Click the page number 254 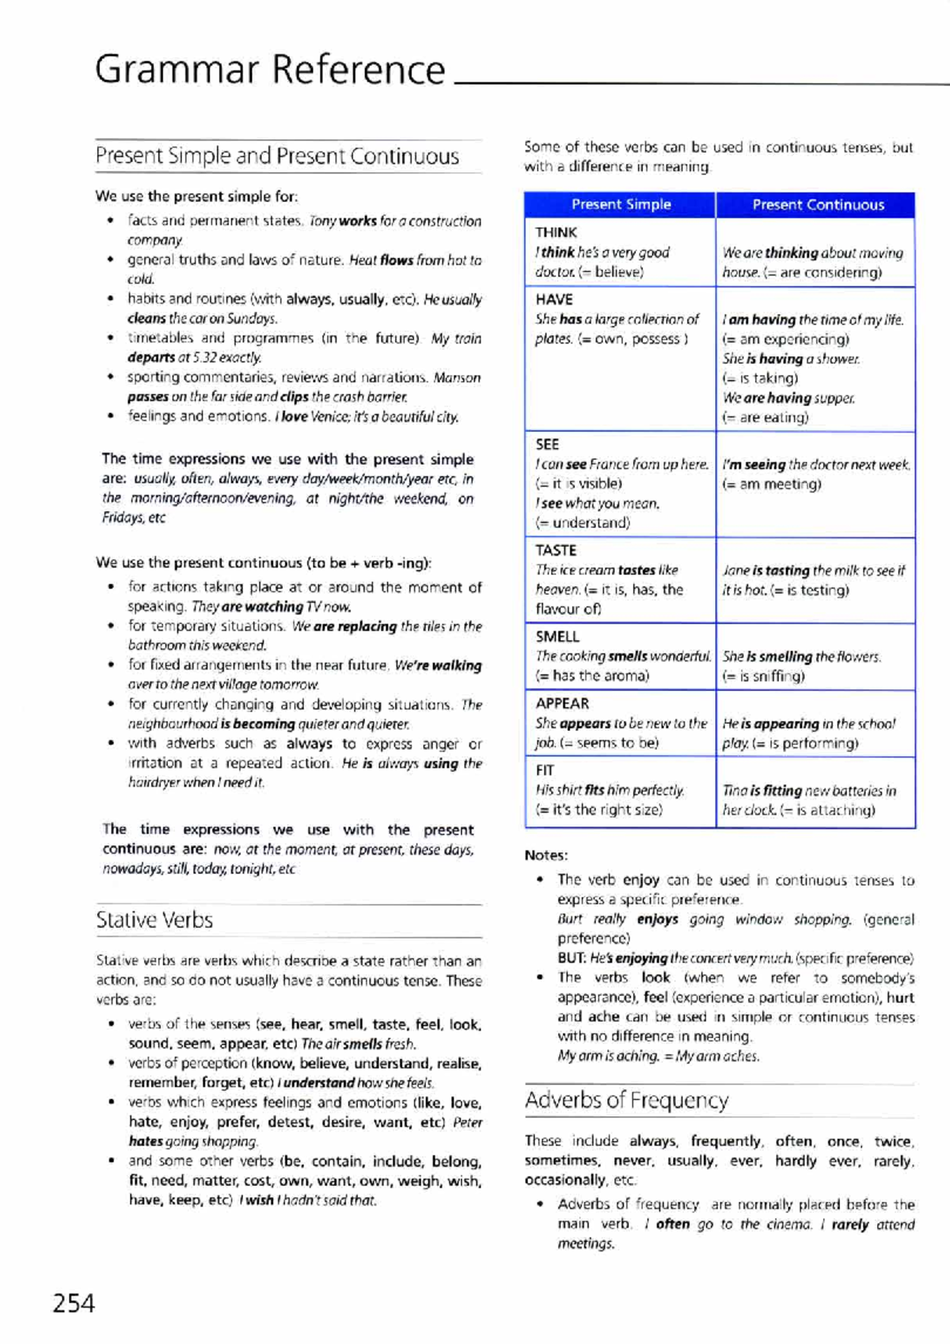pyautogui.click(x=74, y=1303)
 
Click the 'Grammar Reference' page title pyautogui.click(x=270, y=70)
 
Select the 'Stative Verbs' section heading pyautogui.click(x=154, y=920)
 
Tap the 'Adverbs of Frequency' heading pyautogui.click(x=626, y=1100)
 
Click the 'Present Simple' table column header pyautogui.click(x=621, y=204)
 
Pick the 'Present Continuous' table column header pyautogui.click(x=818, y=205)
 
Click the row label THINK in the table pyautogui.click(x=556, y=233)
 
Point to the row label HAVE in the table pyautogui.click(x=553, y=299)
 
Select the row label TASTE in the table pyautogui.click(x=556, y=550)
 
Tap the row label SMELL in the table pyautogui.click(x=557, y=636)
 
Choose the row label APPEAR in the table pyautogui.click(x=562, y=703)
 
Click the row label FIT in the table pyautogui.click(x=545, y=770)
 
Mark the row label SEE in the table pyautogui.click(x=547, y=444)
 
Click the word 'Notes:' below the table pyautogui.click(x=546, y=855)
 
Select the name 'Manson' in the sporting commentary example pyautogui.click(x=457, y=378)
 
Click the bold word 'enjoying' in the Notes pyautogui.click(x=641, y=958)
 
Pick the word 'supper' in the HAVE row pyautogui.click(x=834, y=398)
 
